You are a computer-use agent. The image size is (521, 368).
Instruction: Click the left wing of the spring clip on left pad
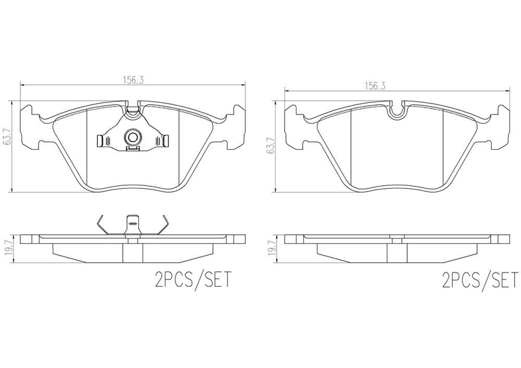(104, 141)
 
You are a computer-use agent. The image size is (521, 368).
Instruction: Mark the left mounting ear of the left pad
(31, 125)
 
